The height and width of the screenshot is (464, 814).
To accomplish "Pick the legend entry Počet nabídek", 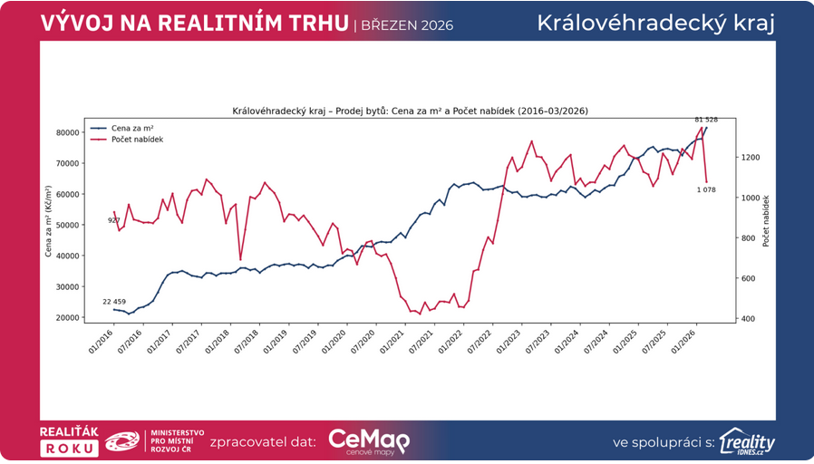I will pos(132,140).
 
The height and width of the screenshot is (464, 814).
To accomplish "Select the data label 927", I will pos(113,220).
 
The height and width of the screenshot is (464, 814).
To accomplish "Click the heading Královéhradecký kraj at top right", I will pos(655,23).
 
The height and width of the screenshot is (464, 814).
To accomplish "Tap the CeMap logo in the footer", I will pos(368,441).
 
